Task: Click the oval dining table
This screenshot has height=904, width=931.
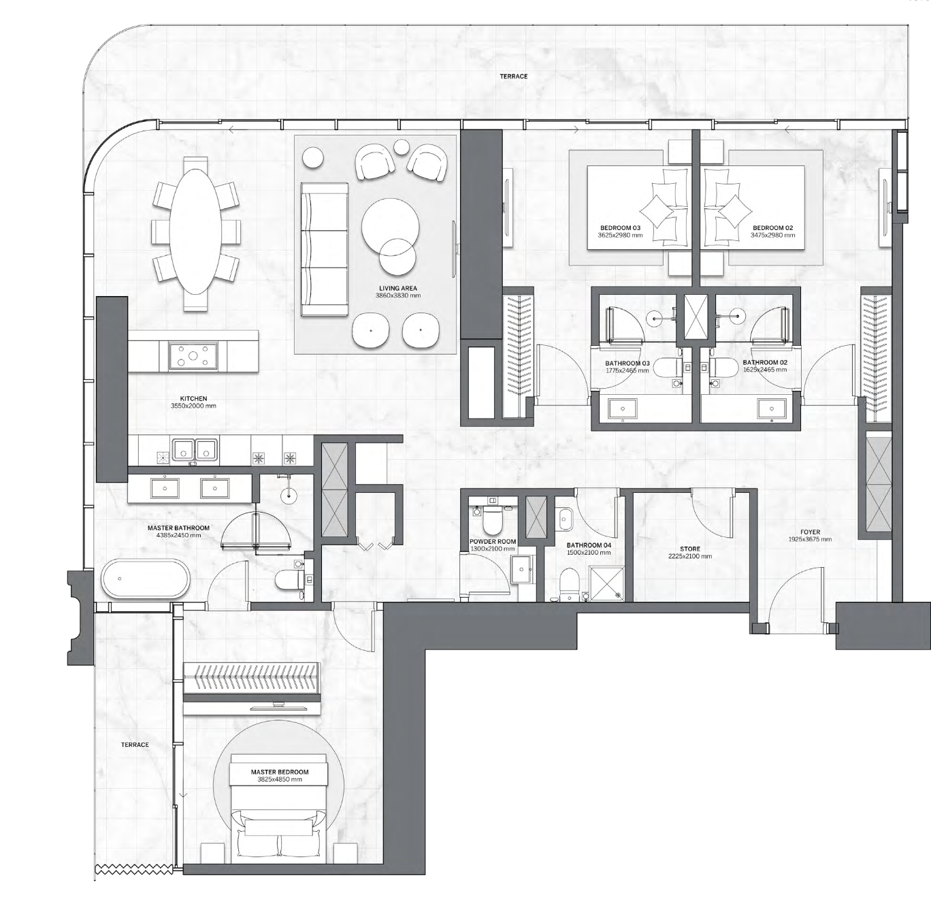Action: (196, 231)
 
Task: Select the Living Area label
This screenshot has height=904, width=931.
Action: (397, 288)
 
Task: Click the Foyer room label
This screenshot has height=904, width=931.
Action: (810, 532)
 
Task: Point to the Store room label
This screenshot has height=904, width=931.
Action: (690, 549)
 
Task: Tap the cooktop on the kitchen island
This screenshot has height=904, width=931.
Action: (193, 355)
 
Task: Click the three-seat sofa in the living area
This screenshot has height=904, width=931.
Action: (325, 249)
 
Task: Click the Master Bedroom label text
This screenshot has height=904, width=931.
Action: (280, 772)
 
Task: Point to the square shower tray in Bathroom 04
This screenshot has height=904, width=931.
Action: (606, 583)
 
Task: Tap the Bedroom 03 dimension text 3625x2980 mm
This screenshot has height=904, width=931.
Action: (620, 236)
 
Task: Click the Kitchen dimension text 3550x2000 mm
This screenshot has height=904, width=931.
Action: (193, 406)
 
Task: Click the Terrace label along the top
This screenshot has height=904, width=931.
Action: (514, 76)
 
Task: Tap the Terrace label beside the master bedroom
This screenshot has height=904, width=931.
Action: (135, 745)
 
